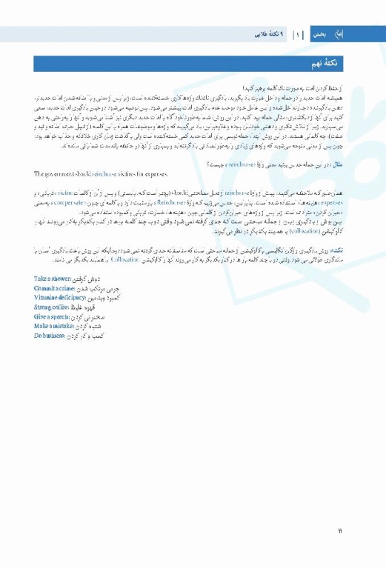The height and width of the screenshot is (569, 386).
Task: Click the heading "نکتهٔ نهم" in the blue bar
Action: tap(336, 64)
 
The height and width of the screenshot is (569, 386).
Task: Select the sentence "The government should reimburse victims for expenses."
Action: tap(102, 173)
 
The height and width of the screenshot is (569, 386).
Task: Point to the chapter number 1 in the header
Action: tap(297, 34)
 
